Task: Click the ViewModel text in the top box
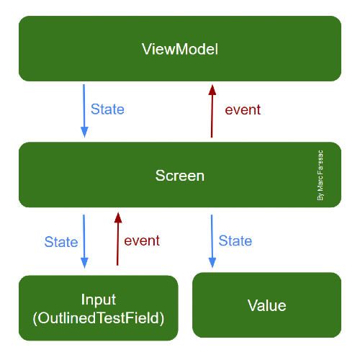tap(180, 50)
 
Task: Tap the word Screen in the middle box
tap(180, 176)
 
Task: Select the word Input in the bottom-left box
tap(99, 300)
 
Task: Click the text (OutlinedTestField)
tap(99, 317)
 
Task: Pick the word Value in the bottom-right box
tap(266, 305)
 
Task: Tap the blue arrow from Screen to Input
tap(84, 240)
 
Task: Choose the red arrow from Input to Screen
tap(115, 240)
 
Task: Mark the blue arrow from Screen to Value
tap(212, 240)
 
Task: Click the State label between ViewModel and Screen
tap(107, 109)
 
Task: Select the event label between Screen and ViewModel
tap(243, 110)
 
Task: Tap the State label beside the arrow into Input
tap(61, 242)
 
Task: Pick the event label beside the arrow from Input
tap(142, 240)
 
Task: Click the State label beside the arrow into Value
tap(235, 240)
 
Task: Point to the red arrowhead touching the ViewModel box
tap(212, 89)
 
